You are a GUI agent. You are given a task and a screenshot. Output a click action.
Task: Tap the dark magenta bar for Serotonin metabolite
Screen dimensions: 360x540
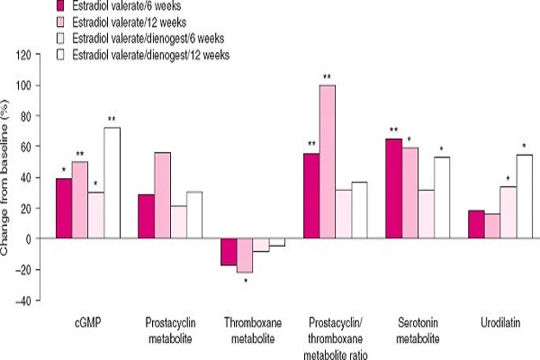click(393, 189)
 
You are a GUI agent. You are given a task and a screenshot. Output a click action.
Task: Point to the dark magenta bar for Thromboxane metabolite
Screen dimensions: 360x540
click(229, 252)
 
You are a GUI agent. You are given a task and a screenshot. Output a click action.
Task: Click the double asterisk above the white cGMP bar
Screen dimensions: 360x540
click(112, 120)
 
